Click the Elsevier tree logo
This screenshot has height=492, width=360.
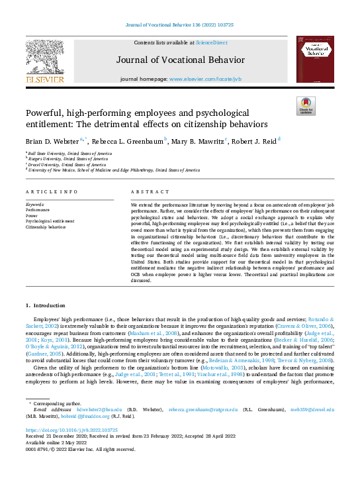(45, 60)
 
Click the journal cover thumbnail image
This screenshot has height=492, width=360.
(314, 60)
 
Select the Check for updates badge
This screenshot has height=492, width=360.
(305, 105)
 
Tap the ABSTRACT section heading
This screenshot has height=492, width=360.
(146, 191)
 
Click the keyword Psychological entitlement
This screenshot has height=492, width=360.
(50, 221)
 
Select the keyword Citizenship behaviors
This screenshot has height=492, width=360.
(46, 226)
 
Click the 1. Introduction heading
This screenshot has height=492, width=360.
(46, 305)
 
